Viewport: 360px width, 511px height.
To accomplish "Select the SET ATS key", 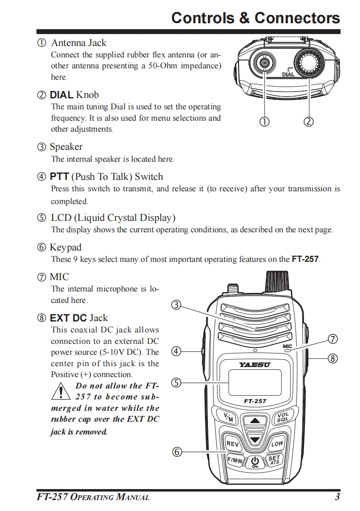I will point(274,460).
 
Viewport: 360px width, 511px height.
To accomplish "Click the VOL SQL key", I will point(283,417).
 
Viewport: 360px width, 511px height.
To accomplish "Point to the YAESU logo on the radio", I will point(254,364).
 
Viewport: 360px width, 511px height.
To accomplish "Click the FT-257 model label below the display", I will point(255,401).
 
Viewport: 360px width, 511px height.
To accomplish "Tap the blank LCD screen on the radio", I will point(254,382).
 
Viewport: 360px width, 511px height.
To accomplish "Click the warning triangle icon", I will point(60,391).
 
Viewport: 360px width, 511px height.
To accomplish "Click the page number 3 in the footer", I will point(337,497).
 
